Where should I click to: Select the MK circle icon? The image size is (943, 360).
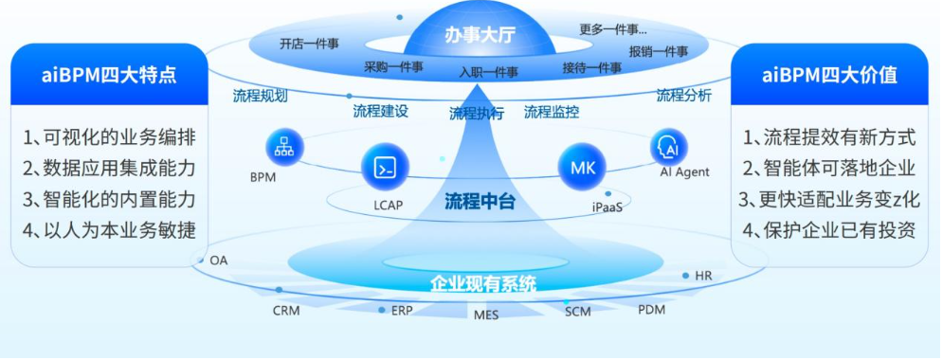pos(582,167)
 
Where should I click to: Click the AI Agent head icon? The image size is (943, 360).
pos(669,146)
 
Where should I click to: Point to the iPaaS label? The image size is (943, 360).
pos(607,207)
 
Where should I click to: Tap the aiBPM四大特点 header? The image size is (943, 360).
pos(109,75)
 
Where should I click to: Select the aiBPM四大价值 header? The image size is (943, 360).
pos(829,75)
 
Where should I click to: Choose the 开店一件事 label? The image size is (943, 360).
pos(309,44)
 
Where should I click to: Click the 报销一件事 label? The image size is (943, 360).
pos(659,50)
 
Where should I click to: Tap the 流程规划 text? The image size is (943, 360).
pos(260,97)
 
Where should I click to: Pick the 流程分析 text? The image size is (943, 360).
pos(683,96)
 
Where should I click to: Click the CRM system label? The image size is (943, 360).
pos(286,311)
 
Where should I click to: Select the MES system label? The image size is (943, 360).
pos(486,315)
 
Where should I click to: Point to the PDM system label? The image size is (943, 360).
pos(651,311)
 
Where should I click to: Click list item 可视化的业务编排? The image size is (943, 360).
pos(109,137)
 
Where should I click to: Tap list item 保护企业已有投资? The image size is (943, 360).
pos(828,229)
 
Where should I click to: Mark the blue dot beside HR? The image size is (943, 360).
pos(685,276)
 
